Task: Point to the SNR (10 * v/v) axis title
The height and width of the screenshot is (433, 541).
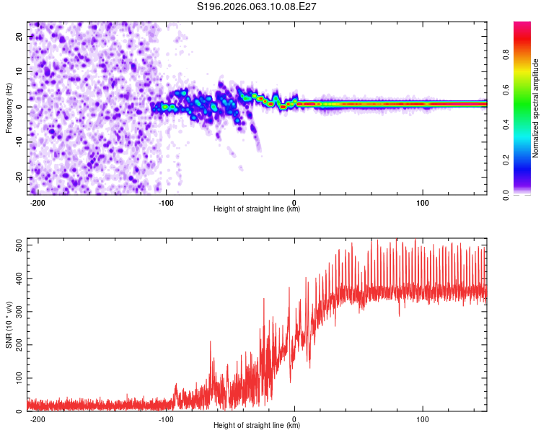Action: tap(9, 325)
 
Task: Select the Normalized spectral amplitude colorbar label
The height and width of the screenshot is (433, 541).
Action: tap(535, 108)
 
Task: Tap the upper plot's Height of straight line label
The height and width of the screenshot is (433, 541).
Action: tap(257, 209)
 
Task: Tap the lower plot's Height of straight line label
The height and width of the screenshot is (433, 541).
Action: tap(257, 426)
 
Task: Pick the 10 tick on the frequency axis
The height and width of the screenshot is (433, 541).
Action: tap(19, 72)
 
